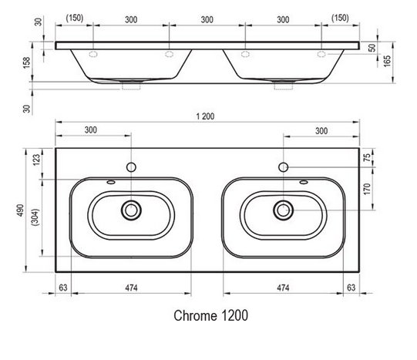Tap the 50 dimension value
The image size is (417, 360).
click(374, 48)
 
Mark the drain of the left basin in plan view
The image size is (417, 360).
click(132, 208)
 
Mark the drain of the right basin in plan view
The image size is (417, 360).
click(284, 208)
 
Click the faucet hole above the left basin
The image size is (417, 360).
click(132, 167)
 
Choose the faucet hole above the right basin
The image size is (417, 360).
click(284, 167)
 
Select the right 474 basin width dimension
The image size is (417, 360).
click(283, 288)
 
